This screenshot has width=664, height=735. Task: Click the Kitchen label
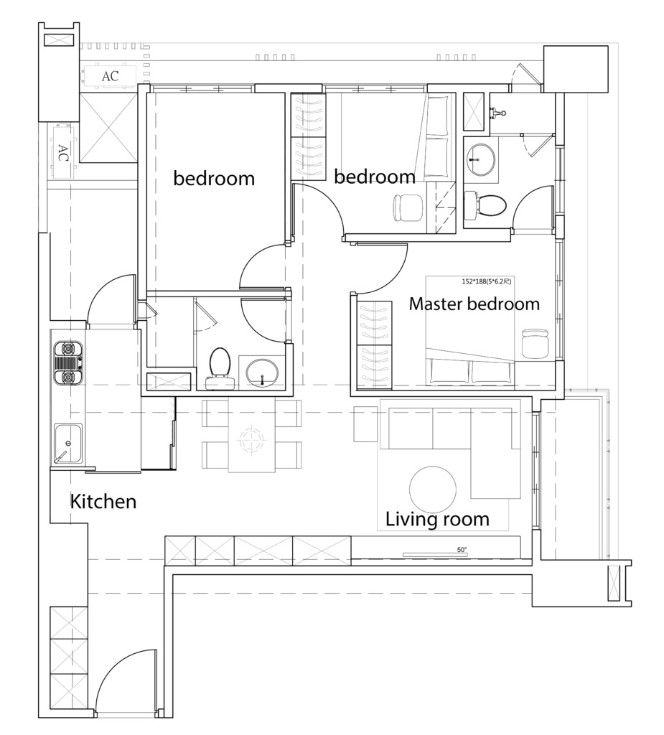(103, 502)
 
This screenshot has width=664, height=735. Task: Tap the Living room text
(437, 520)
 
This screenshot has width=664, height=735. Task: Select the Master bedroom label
(474, 304)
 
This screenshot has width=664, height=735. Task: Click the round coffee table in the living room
(432, 490)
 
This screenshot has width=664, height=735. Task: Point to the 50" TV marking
(462, 550)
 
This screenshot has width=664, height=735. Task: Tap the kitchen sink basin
(68, 444)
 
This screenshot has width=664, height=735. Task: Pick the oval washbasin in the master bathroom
(481, 159)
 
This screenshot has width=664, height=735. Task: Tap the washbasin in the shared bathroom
(262, 373)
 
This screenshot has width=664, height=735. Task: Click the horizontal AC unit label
(111, 76)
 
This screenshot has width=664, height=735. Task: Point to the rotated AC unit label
(62, 153)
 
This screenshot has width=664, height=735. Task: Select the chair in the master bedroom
(535, 344)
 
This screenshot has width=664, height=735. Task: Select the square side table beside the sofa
(366, 424)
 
